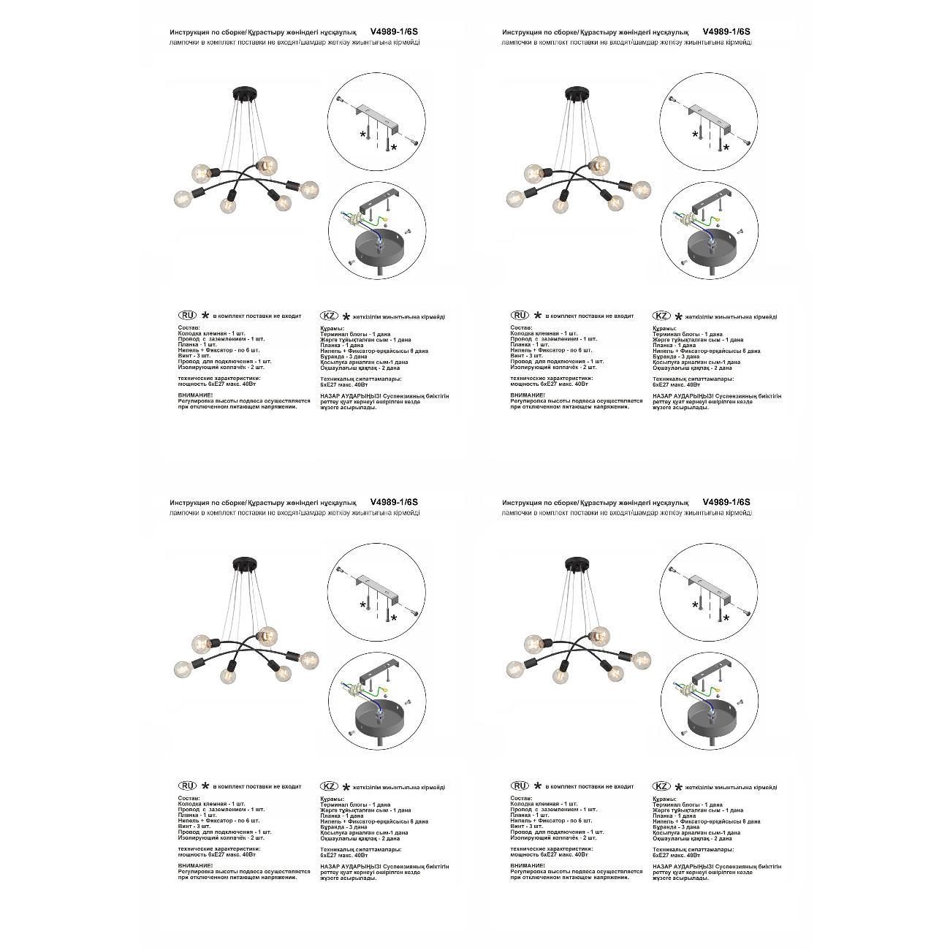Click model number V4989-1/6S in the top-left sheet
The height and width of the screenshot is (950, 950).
pos(394,32)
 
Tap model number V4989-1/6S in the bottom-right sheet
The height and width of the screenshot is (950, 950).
pos(726,502)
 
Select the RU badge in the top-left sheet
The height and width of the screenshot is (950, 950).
pos(188,315)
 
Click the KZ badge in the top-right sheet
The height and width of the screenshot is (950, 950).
pos(661,316)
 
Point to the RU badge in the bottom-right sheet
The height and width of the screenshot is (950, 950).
pos(520,786)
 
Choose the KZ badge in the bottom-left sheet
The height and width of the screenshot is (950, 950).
pos(330,786)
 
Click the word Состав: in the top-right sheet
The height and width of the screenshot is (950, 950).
pos(521,328)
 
